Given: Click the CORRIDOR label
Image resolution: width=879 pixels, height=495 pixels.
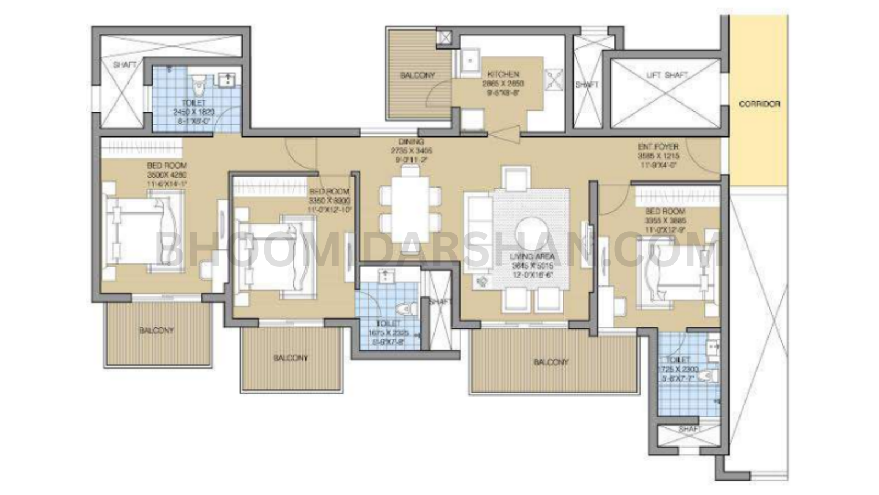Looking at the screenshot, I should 759,103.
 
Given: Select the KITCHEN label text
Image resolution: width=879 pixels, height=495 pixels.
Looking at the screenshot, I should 503,74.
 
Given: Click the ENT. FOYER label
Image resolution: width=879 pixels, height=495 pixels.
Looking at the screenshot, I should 658,147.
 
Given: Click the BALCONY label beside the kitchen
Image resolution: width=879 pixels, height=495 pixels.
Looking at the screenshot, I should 418,75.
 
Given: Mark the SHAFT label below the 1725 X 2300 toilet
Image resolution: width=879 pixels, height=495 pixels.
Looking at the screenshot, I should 688,428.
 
